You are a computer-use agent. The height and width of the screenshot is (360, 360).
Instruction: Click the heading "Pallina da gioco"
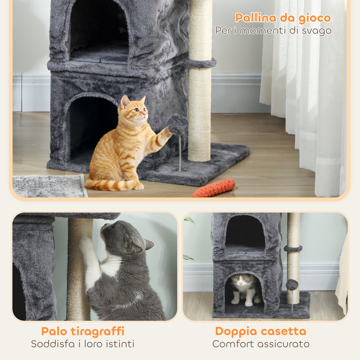click(283, 18)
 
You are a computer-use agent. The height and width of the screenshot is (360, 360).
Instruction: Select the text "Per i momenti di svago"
click(273, 31)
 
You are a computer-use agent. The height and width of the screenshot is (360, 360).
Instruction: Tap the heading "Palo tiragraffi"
click(83, 332)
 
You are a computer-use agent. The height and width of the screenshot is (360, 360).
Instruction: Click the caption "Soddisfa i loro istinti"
click(83, 344)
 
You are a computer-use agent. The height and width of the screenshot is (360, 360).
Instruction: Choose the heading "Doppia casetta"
click(261, 332)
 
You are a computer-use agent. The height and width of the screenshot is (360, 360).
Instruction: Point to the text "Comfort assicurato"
click(261, 344)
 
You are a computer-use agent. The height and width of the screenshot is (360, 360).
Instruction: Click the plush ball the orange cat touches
click(178, 123)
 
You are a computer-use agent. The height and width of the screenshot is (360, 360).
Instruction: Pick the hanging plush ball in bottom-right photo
click(292, 284)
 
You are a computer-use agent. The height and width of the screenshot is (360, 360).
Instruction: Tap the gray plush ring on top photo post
click(200, 63)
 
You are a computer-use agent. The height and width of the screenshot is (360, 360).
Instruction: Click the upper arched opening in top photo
click(99, 31)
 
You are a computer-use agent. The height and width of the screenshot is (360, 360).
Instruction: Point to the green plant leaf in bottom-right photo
click(189, 220)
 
